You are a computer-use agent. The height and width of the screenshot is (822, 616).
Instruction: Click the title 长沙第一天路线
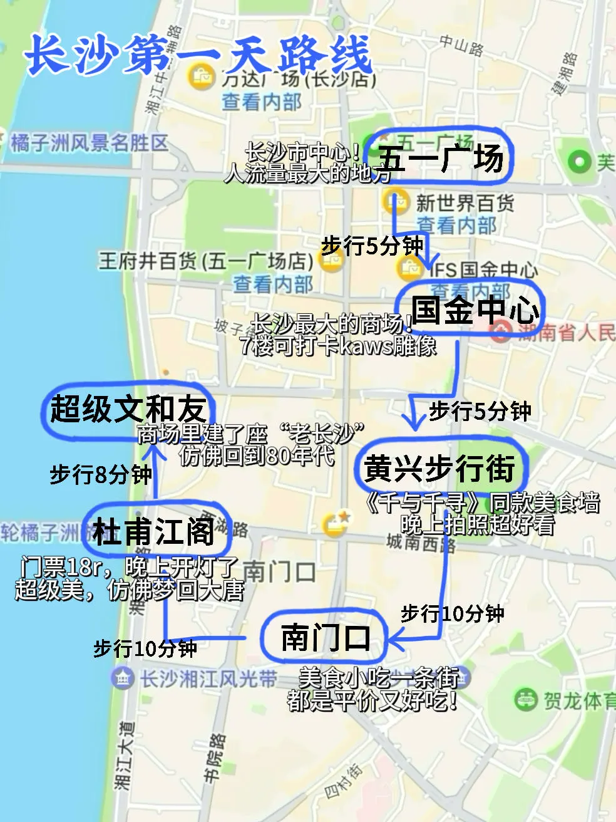coord(199,55)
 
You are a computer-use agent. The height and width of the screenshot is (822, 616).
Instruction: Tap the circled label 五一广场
coord(441,157)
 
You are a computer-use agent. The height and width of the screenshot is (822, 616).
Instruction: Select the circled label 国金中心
coord(475,310)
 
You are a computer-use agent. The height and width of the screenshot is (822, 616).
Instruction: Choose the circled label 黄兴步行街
coord(439,469)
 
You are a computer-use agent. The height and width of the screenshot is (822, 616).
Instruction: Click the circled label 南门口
coord(326,638)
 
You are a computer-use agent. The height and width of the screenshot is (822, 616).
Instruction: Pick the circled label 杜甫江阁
coord(154,531)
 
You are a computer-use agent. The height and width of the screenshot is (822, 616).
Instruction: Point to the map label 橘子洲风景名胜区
coord(90,143)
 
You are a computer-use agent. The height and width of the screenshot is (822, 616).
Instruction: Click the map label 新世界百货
coord(465,202)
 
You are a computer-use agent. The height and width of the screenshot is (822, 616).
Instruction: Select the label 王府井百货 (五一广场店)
coord(205,261)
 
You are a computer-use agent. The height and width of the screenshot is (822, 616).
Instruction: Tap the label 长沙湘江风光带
coord(208,678)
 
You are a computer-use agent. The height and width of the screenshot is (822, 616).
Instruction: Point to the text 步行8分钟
coord(100,474)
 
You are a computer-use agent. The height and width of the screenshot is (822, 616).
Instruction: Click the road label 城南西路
coord(421,541)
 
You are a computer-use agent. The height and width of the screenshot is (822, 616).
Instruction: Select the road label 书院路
coord(213,758)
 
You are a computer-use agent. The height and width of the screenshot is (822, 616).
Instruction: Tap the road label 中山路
coord(461,46)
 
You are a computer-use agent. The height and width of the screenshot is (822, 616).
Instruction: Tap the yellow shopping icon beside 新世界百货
coord(395,202)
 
